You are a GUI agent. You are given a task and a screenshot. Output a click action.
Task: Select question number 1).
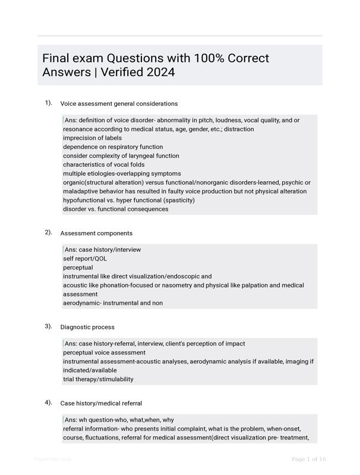pos(48,103)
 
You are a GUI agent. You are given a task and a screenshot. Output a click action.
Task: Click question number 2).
pos(48,232)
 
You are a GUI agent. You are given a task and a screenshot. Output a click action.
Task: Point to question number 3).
pos(48,326)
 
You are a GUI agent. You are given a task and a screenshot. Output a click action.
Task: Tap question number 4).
pos(48,402)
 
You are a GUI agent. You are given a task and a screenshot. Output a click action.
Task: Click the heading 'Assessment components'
pos(96,233)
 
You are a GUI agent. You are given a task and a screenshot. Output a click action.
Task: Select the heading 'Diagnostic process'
pos(87,327)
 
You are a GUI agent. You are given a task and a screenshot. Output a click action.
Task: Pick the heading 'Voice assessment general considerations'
pos(119,104)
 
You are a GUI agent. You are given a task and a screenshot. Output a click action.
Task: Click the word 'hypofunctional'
pos(85,200)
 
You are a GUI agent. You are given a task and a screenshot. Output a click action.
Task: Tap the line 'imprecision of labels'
pos(92,138)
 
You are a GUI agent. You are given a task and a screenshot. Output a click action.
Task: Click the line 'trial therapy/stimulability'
pos(98,379)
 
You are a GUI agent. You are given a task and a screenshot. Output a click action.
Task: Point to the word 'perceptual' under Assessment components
pos(78,267)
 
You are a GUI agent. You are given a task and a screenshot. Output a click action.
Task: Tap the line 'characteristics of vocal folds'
pos(103,164)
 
